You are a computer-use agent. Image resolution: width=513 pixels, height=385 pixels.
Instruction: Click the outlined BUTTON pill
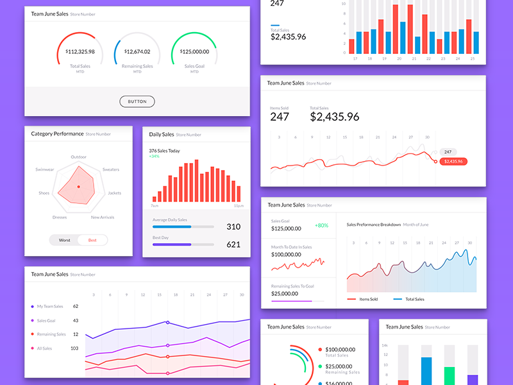pyautogui.click(x=137, y=101)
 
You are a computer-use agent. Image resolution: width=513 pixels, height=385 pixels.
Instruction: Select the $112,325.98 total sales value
pyautogui.click(x=80, y=52)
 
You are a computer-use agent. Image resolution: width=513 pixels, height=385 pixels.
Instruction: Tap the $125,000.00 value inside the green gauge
pyautogui.click(x=194, y=52)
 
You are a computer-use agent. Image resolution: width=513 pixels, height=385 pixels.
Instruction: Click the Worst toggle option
pyautogui.click(x=64, y=240)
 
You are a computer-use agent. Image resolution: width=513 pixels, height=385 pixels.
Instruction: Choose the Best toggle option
pyautogui.click(x=92, y=240)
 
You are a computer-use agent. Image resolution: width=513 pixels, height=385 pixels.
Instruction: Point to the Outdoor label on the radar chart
pyautogui.click(x=78, y=157)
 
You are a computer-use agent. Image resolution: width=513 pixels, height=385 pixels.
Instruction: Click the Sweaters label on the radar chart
pyautogui.click(x=110, y=169)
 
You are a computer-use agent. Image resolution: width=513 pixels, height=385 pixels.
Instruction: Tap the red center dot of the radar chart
pyautogui.click(x=78, y=187)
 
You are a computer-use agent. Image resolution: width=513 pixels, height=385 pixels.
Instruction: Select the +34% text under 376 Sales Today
pyautogui.click(x=155, y=157)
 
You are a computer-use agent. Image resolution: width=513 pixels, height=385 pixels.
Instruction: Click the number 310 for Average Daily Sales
pyautogui.click(x=233, y=227)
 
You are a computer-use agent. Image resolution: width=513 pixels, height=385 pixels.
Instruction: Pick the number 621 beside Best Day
pyautogui.click(x=233, y=244)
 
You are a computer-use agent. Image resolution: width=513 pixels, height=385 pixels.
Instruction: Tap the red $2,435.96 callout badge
pyautogui.click(x=453, y=161)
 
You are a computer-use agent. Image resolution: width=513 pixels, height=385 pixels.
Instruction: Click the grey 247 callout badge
pyautogui.click(x=447, y=151)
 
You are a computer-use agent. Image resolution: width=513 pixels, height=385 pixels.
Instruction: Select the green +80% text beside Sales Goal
pyautogui.click(x=321, y=225)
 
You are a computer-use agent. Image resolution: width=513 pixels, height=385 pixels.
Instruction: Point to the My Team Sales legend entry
pyautogui.click(x=49, y=307)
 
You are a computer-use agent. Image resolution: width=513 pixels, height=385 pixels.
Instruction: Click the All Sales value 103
pyautogui.click(x=74, y=348)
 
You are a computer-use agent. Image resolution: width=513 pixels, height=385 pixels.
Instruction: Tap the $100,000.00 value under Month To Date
pyautogui.click(x=286, y=255)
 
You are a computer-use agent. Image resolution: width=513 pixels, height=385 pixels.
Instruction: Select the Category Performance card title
pyautogui.click(x=57, y=134)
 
